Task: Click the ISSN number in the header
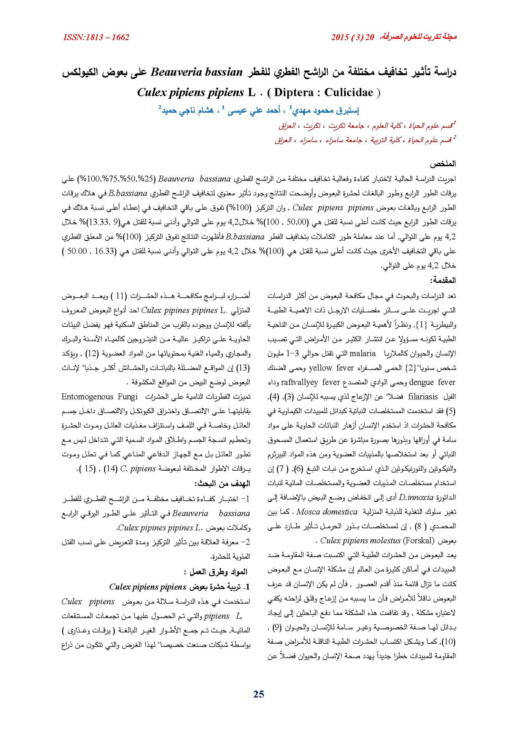[x=96, y=37]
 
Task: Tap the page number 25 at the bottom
[x=258, y=694]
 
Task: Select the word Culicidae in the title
[x=349, y=93]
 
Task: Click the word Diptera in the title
[x=293, y=93]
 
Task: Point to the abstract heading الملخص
[x=443, y=164]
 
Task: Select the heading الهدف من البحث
[x=222, y=484]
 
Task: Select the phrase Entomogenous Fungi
[x=100, y=397]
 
